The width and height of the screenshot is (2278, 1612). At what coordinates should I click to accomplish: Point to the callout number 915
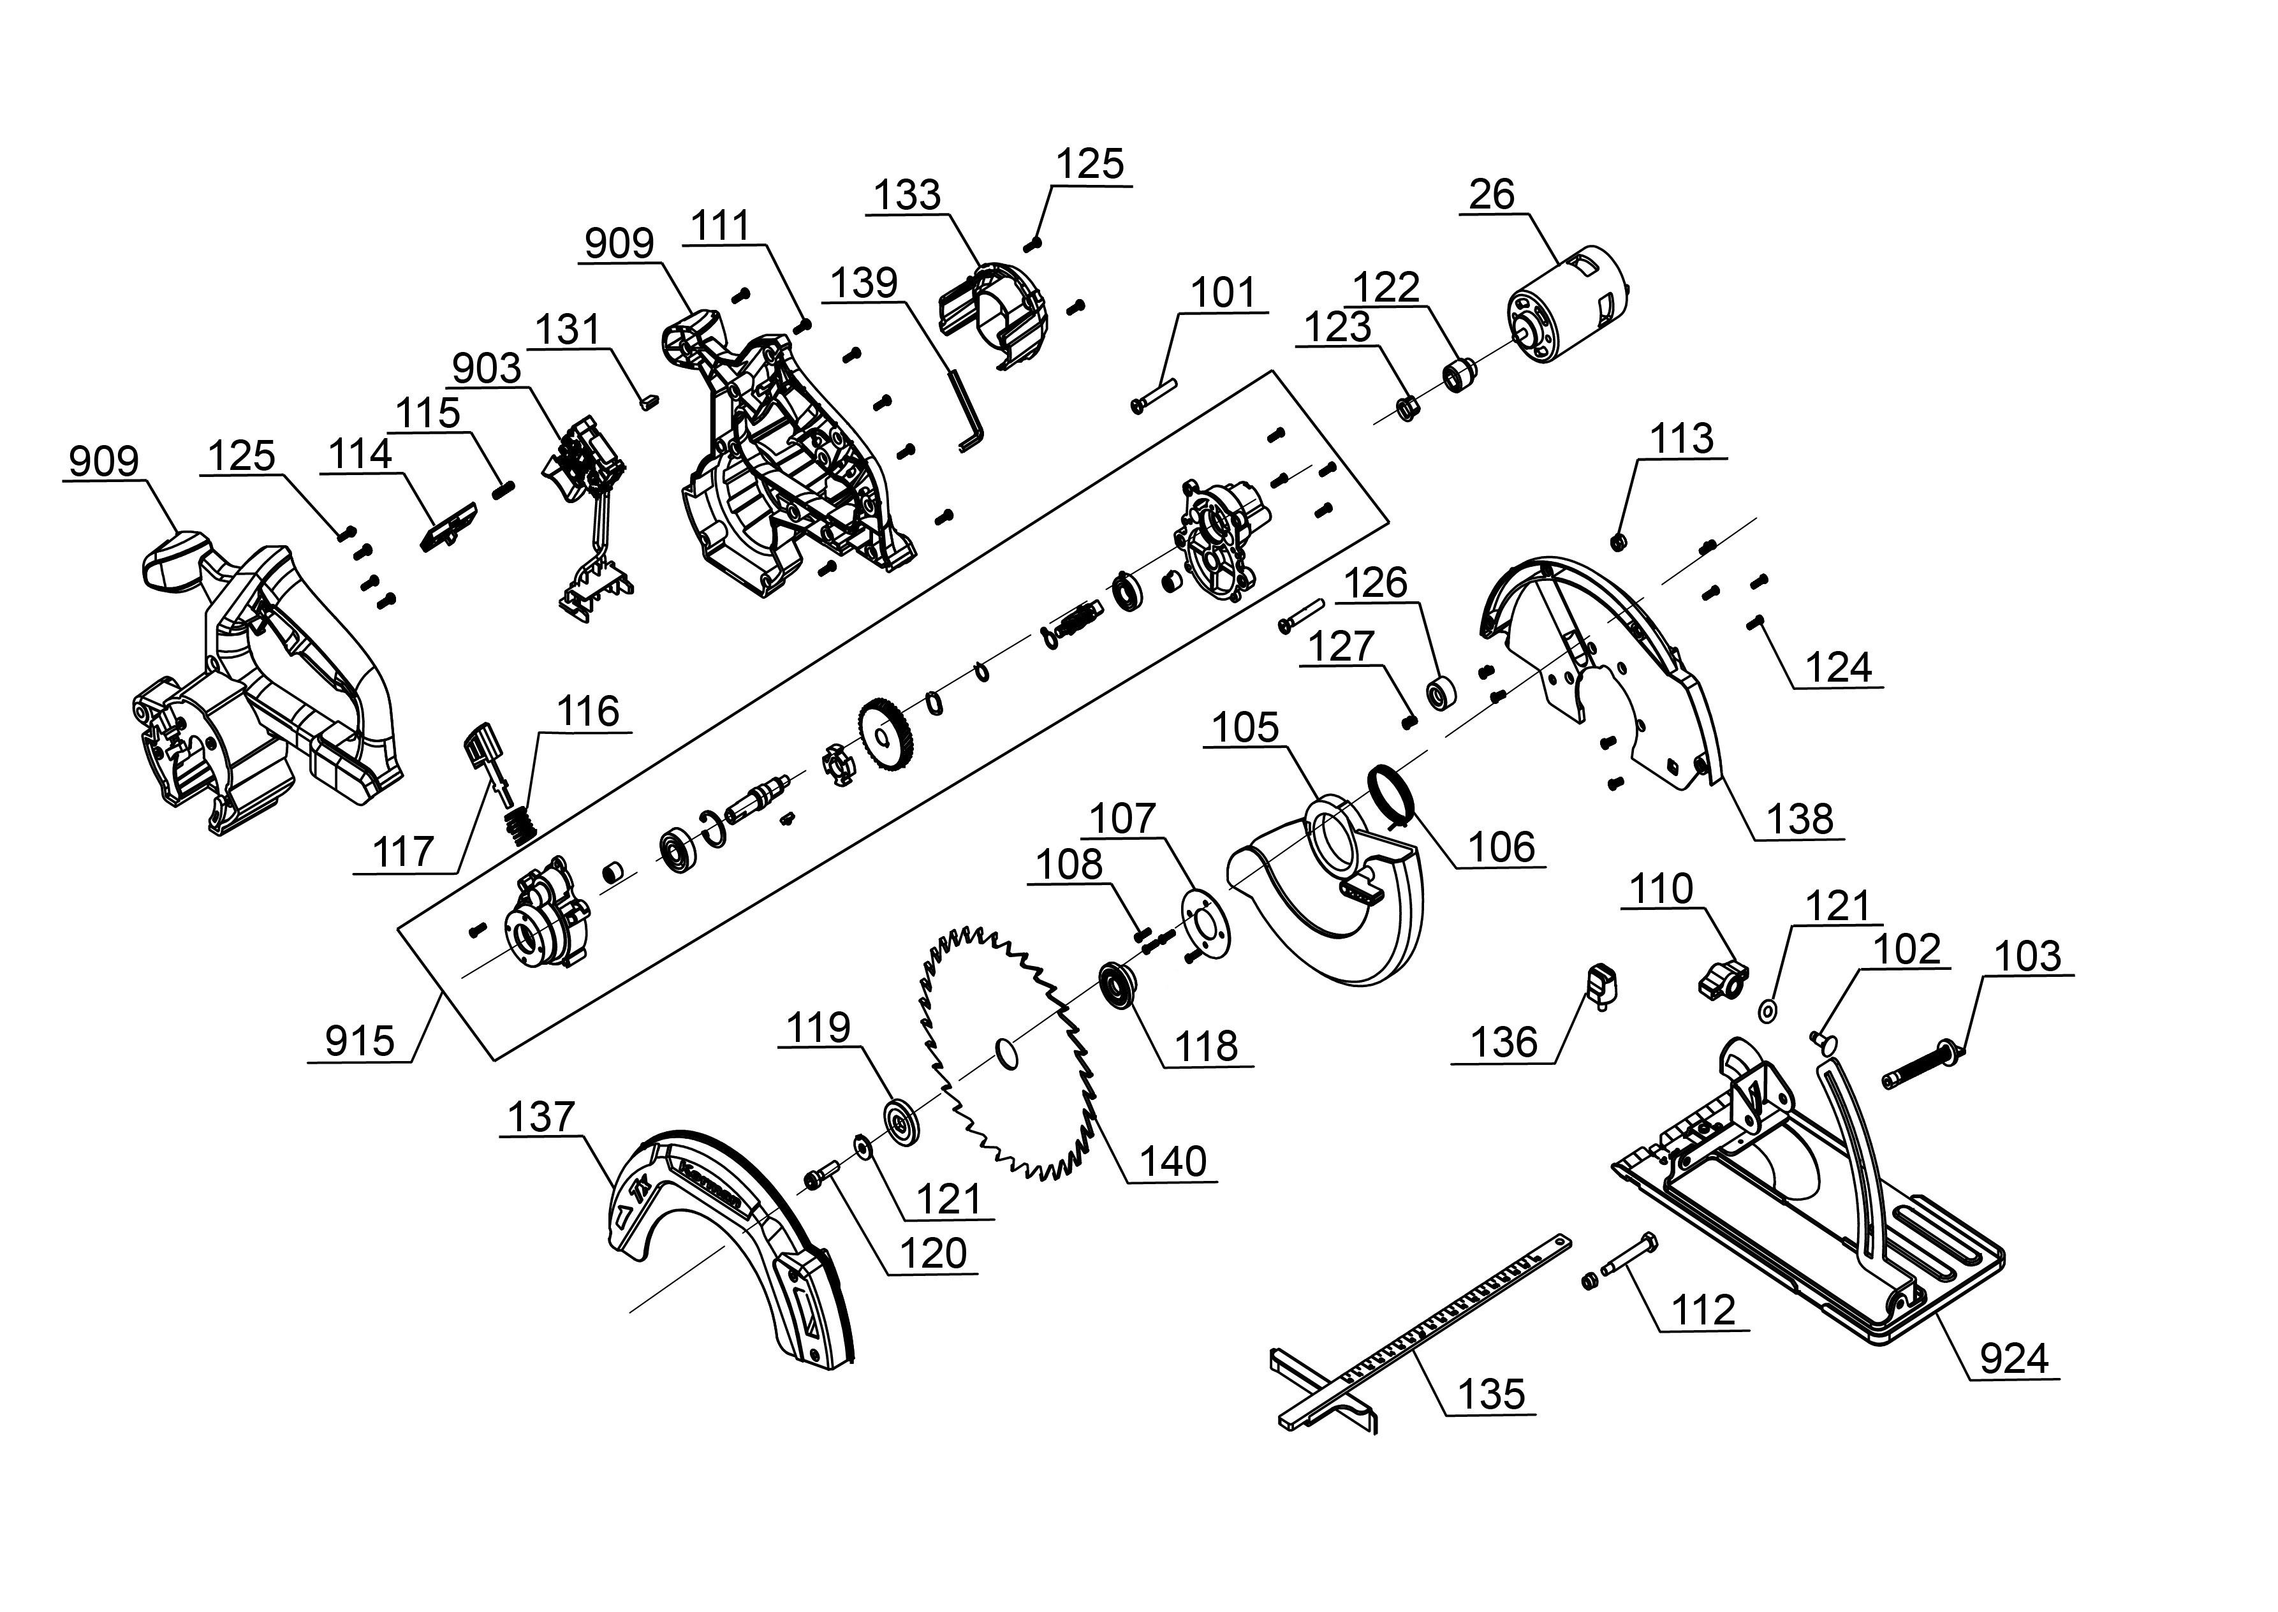click(359, 1041)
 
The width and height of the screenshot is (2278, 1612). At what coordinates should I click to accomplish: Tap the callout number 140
click(1172, 1161)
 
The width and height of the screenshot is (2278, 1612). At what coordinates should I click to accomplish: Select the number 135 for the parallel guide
click(1491, 1394)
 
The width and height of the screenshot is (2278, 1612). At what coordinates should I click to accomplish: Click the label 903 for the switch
click(487, 369)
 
